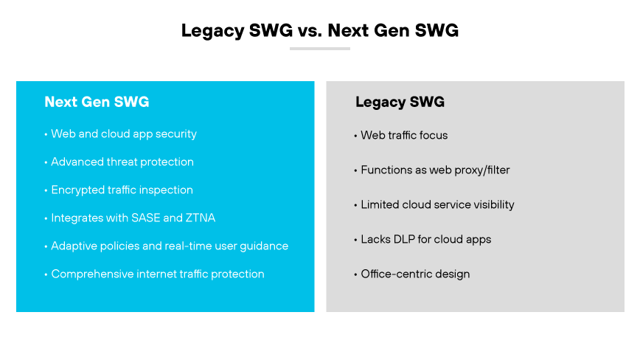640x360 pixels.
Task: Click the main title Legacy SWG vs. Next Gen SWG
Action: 320,30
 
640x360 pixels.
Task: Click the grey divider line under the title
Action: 320,49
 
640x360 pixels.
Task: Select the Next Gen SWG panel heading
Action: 97,102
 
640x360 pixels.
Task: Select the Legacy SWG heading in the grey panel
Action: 400,102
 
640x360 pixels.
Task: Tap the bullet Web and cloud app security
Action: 123,134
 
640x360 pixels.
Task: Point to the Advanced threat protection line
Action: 122,162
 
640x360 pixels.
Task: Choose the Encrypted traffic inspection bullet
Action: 122,190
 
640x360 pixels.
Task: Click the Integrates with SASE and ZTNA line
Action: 133,218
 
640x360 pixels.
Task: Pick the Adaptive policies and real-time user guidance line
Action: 169,246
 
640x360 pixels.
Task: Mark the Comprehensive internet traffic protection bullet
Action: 157,274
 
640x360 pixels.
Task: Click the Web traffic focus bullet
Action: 403,135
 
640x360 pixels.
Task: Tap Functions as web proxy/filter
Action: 435,170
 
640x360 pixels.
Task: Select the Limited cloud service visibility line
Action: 437,204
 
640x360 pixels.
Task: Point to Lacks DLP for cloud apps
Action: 425,239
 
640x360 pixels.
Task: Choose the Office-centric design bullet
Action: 414,274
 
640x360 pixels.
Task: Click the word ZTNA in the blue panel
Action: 199,218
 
